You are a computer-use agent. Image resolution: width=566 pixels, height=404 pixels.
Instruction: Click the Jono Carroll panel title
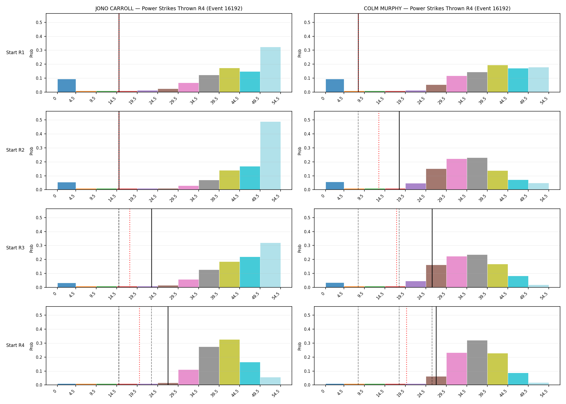(169, 8)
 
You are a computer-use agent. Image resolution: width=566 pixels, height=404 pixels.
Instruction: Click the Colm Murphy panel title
(437, 8)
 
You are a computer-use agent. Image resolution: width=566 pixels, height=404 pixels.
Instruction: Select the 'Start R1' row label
(15, 53)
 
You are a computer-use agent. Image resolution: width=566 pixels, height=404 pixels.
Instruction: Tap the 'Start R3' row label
(15, 248)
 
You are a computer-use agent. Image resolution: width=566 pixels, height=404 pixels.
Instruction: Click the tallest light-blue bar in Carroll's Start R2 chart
(270, 156)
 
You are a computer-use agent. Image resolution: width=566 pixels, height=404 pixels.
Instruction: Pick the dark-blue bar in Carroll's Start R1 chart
(67, 86)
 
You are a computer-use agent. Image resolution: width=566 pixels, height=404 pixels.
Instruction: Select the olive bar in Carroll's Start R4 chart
(229, 362)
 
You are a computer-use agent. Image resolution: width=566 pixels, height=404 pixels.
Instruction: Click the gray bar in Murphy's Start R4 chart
(477, 363)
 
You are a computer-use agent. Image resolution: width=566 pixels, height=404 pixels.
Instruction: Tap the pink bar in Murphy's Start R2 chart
(457, 174)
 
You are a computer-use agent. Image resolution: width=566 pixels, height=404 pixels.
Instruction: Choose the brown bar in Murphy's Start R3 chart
(436, 276)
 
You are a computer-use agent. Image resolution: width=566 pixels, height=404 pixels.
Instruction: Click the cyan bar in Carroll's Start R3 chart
(250, 272)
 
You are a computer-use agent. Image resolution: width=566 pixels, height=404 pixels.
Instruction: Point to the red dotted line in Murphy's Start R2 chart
(379, 151)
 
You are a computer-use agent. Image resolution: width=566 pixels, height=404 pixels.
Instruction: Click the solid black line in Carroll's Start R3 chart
(151, 248)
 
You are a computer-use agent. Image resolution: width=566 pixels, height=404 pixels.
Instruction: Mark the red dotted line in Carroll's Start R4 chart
(139, 346)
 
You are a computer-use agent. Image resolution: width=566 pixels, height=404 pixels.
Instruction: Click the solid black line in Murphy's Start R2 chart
(399, 151)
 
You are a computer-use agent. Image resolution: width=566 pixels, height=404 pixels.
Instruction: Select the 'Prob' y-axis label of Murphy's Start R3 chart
(300, 248)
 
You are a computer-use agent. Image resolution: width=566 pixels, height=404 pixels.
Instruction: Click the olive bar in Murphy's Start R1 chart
(498, 79)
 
